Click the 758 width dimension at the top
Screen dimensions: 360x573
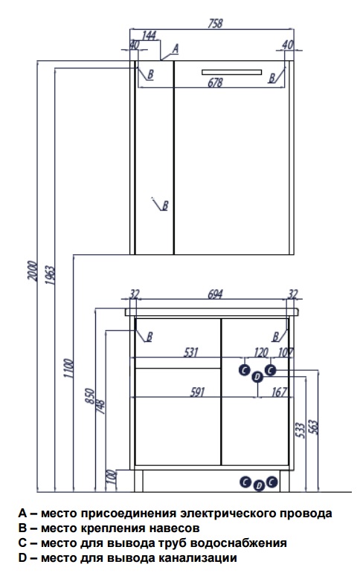click(x=215, y=23)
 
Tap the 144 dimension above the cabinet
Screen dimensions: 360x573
click(x=149, y=36)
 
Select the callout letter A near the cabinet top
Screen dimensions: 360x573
click(x=176, y=48)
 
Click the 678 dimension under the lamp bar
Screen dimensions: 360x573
click(x=215, y=82)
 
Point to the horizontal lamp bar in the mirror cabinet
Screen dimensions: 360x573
click(x=231, y=72)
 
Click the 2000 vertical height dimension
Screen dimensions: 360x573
click(x=32, y=271)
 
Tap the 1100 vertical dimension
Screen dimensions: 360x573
click(x=68, y=369)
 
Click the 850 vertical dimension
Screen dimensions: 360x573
click(x=90, y=396)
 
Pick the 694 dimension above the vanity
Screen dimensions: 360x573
click(x=215, y=294)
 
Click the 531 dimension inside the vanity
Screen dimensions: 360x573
click(x=191, y=352)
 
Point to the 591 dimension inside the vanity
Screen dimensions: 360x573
click(x=197, y=392)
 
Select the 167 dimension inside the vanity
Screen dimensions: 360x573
click(x=279, y=392)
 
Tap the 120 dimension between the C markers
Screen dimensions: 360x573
click(x=261, y=352)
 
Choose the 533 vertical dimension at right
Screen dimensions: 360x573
click(x=300, y=430)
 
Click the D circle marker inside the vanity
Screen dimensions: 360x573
click(x=257, y=377)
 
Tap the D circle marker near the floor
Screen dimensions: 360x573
click(x=259, y=485)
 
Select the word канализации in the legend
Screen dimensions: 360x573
click(x=198, y=558)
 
